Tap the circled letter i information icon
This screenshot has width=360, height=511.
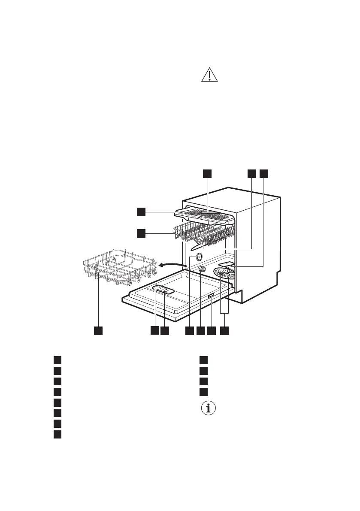click(209, 408)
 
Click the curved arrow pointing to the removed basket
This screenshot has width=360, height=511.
click(172, 266)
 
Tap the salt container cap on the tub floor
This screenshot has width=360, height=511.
click(202, 269)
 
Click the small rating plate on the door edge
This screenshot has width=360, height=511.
click(211, 296)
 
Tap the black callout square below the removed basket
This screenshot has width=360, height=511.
click(99, 331)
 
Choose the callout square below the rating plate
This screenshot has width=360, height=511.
click(211, 331)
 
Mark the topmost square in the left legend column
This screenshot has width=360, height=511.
click(57, 360)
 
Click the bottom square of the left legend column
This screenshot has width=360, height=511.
click(57, 435)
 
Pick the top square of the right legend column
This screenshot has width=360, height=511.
click(204, 360)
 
